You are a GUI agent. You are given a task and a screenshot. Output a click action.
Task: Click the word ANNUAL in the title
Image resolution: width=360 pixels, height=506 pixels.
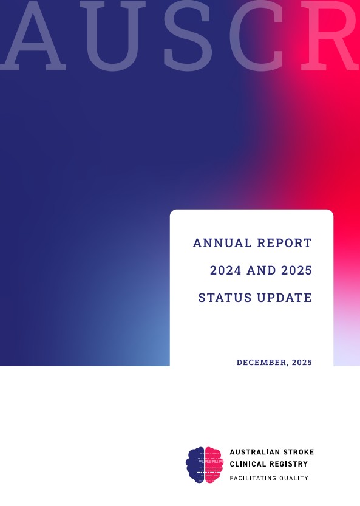pos(222,243)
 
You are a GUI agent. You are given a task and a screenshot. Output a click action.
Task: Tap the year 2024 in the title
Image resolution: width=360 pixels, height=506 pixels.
pos(225,270)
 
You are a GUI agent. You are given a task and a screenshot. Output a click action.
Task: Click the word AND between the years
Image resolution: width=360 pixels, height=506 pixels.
pos(261,270)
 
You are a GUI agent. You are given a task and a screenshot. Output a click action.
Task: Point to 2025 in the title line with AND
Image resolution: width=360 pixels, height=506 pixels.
pos(296,270)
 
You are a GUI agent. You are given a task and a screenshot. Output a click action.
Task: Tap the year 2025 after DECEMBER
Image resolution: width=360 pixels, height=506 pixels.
pos(302,363)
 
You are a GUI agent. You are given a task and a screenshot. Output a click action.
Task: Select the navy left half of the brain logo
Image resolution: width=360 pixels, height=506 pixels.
pos(195,465)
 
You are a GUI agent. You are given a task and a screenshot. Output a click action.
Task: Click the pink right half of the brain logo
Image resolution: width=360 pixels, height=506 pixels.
pos(214,465)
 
